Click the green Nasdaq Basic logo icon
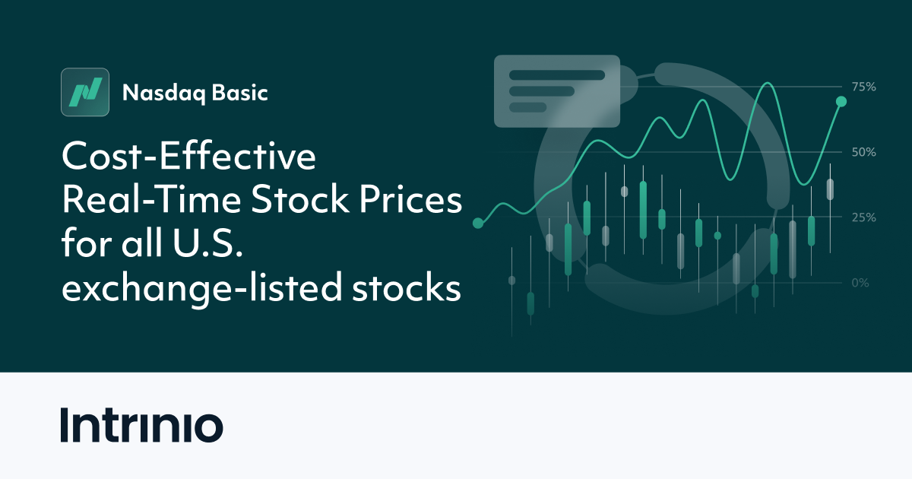[84, 93]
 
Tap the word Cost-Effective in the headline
[188, 158]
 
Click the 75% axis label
[863, 87]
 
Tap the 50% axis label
[863, 152]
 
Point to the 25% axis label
[863, 217]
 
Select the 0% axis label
[860, 283]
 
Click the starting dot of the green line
[478, 224]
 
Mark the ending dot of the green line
[841, 101]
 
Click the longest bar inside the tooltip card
[556, 75]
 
